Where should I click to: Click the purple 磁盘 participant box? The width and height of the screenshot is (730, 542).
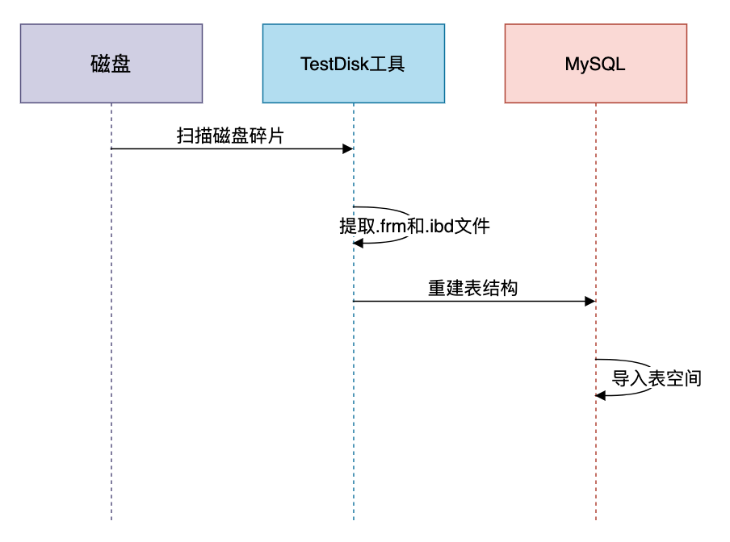(111, 64)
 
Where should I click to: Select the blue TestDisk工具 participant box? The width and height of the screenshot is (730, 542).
(354, 64)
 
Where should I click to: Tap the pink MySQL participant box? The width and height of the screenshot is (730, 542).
(596, 64)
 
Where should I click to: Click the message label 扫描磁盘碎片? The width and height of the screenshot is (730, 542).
(230, 135)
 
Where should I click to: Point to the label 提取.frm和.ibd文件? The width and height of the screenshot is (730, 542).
(414, 226)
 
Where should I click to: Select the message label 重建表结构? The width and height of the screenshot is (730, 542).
(472, 288)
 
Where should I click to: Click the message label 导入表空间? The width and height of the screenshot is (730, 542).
(657, 378)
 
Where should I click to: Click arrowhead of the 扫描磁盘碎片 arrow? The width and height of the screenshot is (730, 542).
(349, 148)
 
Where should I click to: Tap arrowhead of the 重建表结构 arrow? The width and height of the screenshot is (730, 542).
(591, 301)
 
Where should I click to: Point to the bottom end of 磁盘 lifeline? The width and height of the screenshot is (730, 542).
(111, 519)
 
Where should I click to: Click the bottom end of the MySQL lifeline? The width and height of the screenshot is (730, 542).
(596, 519)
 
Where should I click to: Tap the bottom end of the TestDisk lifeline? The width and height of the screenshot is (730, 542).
(354, 519)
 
